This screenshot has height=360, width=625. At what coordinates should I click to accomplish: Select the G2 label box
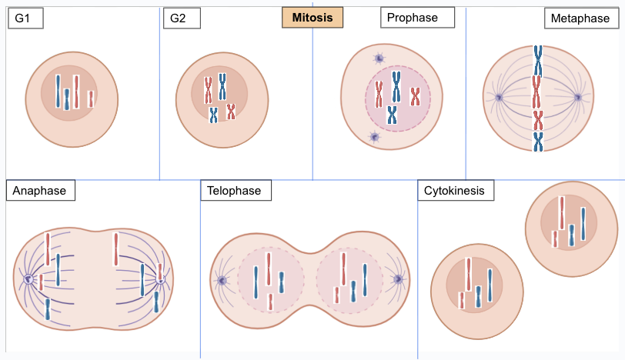pyautogui.click(x=182, y=18)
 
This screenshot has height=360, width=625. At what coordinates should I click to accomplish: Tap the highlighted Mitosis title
pyautogui.click(x=312, y=18)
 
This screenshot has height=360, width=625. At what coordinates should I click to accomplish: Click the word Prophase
pyautogui.click(x=412, y=18)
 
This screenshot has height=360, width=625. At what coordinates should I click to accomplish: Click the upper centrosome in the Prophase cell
pyautogui.click(x=379, y=58)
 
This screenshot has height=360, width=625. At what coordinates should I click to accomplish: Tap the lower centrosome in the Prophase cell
pyautogui.click(x=374, y=137)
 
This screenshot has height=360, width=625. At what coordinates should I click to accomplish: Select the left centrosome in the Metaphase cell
pyautogui.click(x=498, y=97)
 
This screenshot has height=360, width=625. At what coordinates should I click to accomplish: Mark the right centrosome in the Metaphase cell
pyautogui.click(x=578, y=97)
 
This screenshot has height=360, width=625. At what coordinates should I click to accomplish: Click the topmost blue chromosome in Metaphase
pyautogui.click(x=538, y=61)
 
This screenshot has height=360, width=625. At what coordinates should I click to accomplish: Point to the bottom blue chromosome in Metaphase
pyautogui.click(x=538, y=142)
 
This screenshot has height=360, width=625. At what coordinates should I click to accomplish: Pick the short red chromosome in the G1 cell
pyautogui.click(x=91, y=98)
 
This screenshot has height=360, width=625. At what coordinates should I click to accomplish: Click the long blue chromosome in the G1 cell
pyautogui.click(x=58, y=92)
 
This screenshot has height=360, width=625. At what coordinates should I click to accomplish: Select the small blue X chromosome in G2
pyautogui.click(x=214, y=115)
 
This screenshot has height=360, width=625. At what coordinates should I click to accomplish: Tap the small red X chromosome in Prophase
pyautogui.click(x=416, y=96)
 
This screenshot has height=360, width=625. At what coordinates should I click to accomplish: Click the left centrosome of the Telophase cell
pyautogui.click(x=222, y=280)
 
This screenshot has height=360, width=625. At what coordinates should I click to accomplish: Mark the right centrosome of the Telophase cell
pyautogui.click(x=398, y=279)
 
